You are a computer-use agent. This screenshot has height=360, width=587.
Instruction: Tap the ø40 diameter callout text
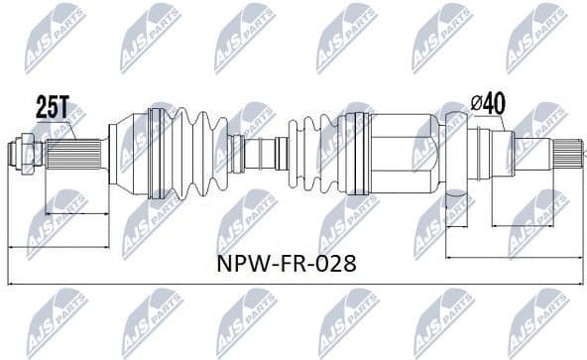[x=489, y=103]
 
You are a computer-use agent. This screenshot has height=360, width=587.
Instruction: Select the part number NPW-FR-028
[x=286, y=264]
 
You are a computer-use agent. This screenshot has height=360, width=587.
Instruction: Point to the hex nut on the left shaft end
[x=17, y=155]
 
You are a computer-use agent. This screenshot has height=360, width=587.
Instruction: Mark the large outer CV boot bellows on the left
[x=188, y=154]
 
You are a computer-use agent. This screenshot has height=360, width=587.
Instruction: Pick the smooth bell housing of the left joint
[x=127, y=154]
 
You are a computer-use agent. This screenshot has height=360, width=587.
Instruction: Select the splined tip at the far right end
[x=567, y=154]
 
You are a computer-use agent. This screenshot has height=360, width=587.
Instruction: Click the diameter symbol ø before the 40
[x=475, y=103]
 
